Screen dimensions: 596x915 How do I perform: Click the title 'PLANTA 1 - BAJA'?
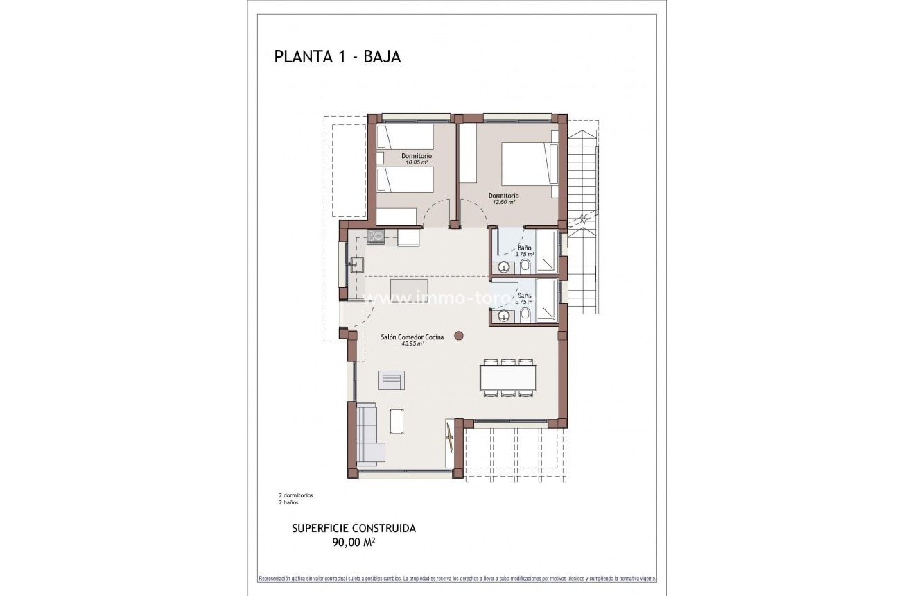tap(338, 57)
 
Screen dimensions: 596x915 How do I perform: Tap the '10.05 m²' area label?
tap(417, 162)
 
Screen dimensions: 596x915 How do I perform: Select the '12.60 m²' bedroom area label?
tap(503, 202)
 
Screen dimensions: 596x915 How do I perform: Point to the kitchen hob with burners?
tap(375, 237)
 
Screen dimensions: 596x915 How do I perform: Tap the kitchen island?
tap(409, 287)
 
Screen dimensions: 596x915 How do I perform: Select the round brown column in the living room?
tap(458, 336)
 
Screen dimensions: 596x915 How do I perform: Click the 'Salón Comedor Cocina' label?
tap(412, 337)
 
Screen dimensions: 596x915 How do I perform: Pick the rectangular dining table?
tap(508, 377)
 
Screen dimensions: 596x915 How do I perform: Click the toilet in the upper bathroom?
tap(525, 266)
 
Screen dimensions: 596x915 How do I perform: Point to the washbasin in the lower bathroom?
tap(503, 316)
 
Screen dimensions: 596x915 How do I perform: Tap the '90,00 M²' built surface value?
tap(354, 543)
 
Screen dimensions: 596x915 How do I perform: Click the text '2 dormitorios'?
tap(296, 495)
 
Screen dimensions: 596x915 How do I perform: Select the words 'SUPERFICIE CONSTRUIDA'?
tap(354, 528)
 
